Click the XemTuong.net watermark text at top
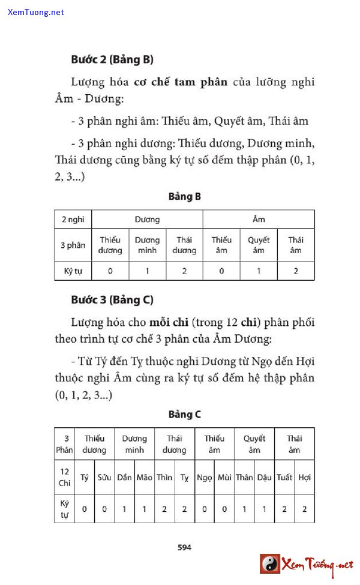point(36,12)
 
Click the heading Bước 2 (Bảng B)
point(112,59)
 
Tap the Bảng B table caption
point(184,197)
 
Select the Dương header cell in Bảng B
point(147,220)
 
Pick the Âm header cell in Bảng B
point(259,220)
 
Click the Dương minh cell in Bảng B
point(147,245)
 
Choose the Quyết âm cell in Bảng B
point(259,245)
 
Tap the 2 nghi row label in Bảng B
point(73,220)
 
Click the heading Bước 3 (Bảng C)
point(112,299)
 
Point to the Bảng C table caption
point(184,415)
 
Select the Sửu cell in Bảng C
point(104,478)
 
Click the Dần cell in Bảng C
point(124,478)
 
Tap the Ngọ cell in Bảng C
point(205,478)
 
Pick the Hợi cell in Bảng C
point(304,478)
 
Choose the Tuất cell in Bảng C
point(284,478)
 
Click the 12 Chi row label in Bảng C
point(64,478)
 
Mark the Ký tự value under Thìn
point(164,509)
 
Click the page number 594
point(184,547)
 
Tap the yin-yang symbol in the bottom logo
point(270,564)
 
